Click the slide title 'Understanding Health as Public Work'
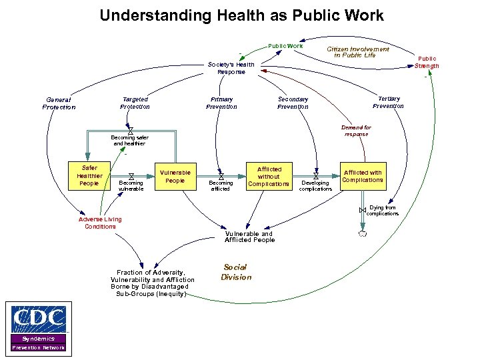(x=241, y=15)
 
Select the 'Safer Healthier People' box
(x=89, y=176)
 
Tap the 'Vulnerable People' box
(x=175, y=176)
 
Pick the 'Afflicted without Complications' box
(x=269, y=176)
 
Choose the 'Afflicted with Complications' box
(x=363, y=176)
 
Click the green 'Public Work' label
(x=285, y=46)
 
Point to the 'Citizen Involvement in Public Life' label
(x=357, y=52)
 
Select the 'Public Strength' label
(x=427, y=62)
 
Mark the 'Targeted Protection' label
(x=135, y=103)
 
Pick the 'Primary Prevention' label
(x=221, y=103)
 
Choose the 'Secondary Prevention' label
(x=293, y=103)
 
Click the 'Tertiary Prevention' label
(x=388, y=102)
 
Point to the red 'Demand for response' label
(x=356, y=131)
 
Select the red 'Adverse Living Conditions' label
(x=100, y=223)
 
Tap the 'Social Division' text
(x=236, y=272)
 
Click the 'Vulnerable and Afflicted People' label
(x=249, y=237)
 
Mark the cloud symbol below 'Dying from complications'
(x=362, y=234)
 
